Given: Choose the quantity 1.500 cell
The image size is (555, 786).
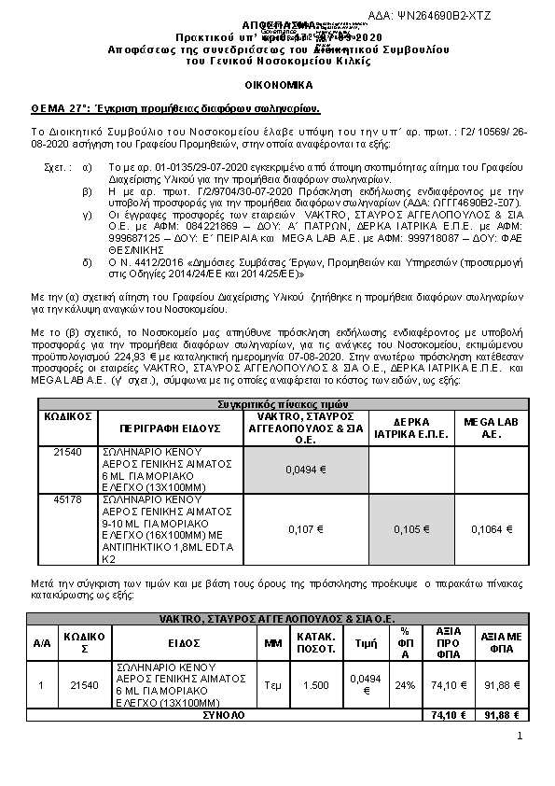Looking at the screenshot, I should tap(315, 685).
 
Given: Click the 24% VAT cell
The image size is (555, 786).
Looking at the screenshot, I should tap(405, 685).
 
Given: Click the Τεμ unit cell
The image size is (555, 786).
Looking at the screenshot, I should tap(272, 685).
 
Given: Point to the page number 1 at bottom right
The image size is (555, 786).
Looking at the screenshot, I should tap(519, 737).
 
